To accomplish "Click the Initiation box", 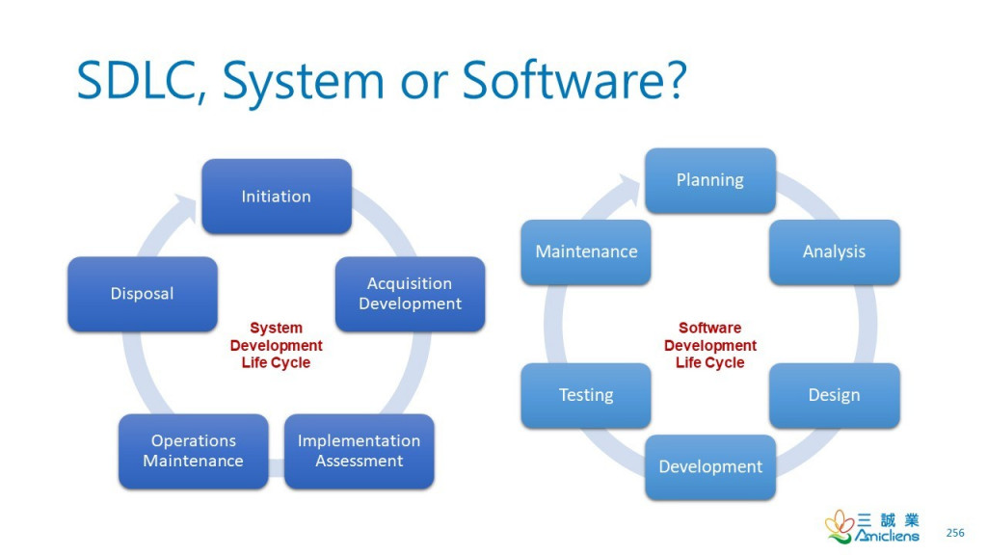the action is click(277, 197).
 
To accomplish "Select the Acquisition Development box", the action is click(410, 294).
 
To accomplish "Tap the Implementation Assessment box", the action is click(359, 451).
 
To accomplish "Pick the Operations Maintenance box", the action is click(193, 451).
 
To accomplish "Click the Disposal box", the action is click(143, 294).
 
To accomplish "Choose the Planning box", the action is click(710, 180).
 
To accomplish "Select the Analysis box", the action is click(834, 251).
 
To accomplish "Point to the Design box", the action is click(834, 395).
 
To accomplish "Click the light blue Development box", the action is click(710, 467).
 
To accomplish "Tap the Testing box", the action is click(586, 395).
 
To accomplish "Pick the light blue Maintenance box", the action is click(586, 251).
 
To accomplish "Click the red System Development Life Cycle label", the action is click(276, 345).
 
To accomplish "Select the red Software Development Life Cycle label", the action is click(710, 345).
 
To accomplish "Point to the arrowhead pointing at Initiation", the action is click(187, 206).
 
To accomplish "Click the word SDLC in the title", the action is click(141, 80).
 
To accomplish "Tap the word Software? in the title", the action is click(574, 80).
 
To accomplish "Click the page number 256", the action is click(955, 532).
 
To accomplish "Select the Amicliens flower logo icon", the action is click(840, 527).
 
